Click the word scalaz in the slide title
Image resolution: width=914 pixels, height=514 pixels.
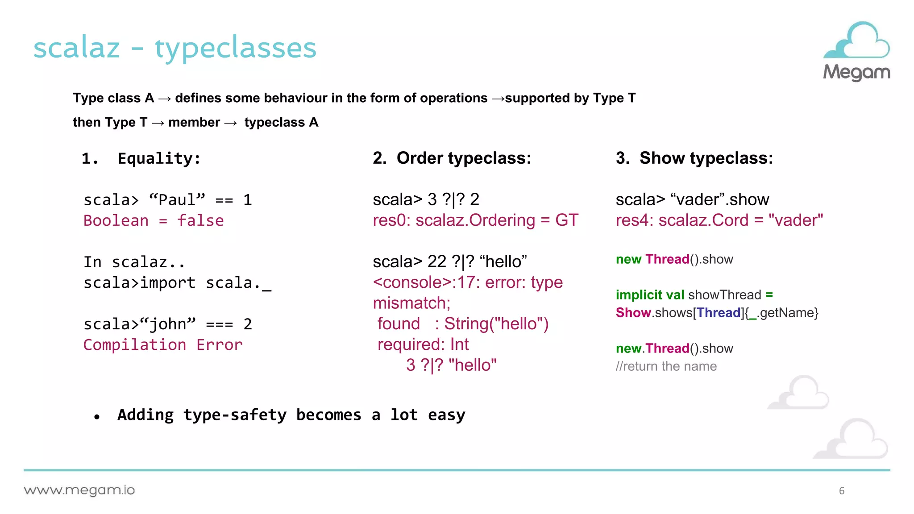click(x=77, y=48)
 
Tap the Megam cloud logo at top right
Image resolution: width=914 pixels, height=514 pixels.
click(x=856, y=50)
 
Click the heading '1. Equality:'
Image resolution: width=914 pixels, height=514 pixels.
click(x=141, y=158)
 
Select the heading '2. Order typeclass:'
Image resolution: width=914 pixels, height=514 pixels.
click(x=452, y=158)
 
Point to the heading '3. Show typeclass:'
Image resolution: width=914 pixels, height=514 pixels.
click(x=694, y=158)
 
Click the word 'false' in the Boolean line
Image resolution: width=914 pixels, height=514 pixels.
click(x=200, y=221)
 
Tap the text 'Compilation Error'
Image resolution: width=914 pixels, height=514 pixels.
click(x=163, y=345)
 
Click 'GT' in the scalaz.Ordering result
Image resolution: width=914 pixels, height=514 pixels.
click(x=566, y=220)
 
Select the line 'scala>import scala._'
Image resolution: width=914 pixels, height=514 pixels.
click(x=177, y=283)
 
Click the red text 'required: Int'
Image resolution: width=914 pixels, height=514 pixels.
click(x=423, y=344)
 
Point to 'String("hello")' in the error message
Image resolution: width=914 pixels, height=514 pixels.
click(x=496, y=324)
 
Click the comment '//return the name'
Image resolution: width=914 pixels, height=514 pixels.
click(x=666, y=366)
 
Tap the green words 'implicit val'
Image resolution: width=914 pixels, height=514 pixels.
click(x=649, y=295)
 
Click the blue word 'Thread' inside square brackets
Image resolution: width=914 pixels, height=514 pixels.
click(x=719, y=313)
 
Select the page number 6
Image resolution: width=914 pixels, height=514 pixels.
click(x=841, y=491)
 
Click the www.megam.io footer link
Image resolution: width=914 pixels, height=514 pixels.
click(x=79, y=490)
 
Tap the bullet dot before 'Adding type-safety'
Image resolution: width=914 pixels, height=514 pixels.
click(x=97, y=417)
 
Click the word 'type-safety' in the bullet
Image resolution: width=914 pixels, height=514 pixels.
click(x=235, y=415)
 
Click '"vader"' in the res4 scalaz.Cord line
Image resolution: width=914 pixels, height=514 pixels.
click(x=796, y=220)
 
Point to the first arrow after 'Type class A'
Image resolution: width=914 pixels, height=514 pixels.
click(x=164, y=99)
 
